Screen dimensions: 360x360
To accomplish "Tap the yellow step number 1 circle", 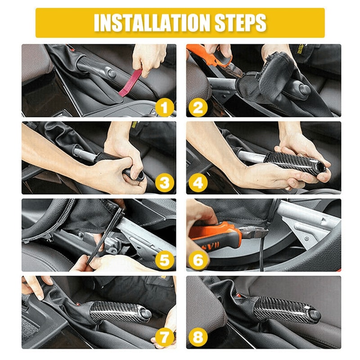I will tap(165, 108).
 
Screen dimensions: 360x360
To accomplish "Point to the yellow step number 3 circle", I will tap(165, 183).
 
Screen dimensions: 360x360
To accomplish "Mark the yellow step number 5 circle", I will tap(165, 260).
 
